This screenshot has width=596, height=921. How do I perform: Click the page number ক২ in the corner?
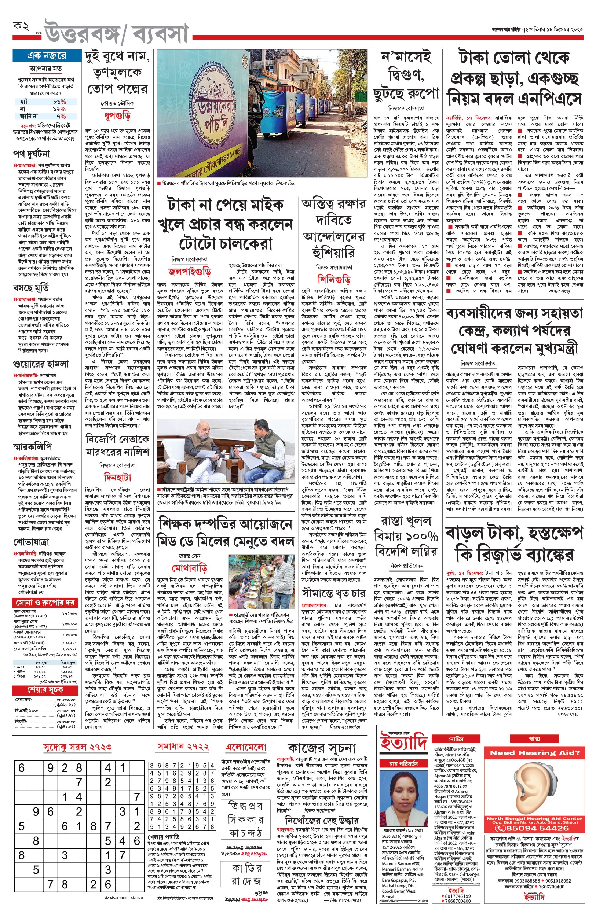pyautogui.click(x=21, y=27)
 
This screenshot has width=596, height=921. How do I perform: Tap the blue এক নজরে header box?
pyautogui.click(x=47, y=56)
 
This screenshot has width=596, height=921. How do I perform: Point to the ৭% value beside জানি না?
pyautogui.click(x=61, y=116)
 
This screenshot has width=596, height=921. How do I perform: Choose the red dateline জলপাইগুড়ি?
pyautogui.click(x=189, y=272)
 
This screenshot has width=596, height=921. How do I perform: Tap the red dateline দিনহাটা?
pyautogui.click(x=117, y=478)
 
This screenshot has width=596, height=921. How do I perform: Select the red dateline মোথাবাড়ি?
pyautogui.click(x=190, y=568)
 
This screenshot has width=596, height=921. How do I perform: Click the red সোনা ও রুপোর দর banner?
pyautogui.click(x=45, y=603)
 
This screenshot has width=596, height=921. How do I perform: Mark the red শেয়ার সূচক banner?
pyautogui.click(x=45, y=690)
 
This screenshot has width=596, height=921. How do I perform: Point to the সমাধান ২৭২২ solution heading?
pyautogui.click(x=183, y=747)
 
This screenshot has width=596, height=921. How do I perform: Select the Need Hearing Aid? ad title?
pyautogui.click(x=535, y=753)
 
